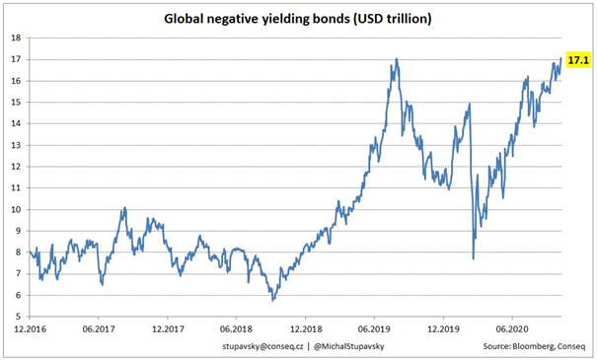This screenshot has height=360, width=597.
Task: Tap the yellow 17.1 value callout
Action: [x=577, y=60]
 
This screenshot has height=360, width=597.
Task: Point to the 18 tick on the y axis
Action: [x=16, y=37]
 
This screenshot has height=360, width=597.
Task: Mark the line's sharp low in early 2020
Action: [x=474, y=258]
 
